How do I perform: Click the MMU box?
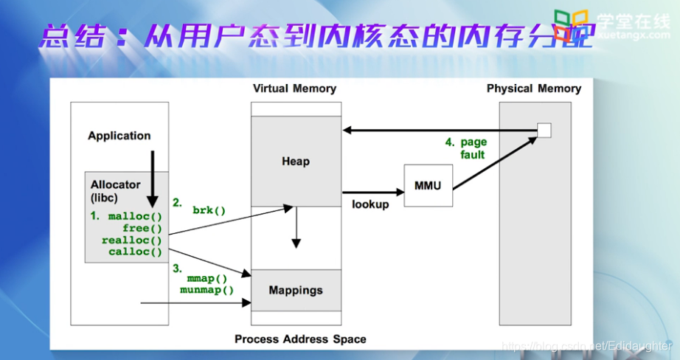click(x=429, y=186)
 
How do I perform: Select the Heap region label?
click(x=296, y=161)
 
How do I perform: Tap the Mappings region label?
click(x=296, y=290)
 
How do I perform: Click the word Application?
click(x=119, y=136)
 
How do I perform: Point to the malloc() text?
click(x=134, y=217)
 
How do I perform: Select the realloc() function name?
click(x=131, y=240)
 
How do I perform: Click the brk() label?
click(x=209, y=210)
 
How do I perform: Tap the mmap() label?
click(x=207, y=279)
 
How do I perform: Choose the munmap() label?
click(x=207, y=290)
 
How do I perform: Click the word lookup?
click(x=370, y=204)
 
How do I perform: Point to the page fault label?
click(x=473, y=148)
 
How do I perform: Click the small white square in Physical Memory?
click(x=544, y=131)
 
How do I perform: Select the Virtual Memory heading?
click(x=294, y=89)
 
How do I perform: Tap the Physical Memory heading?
click(x=534, y=89)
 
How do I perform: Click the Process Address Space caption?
click(x=300, y=339)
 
